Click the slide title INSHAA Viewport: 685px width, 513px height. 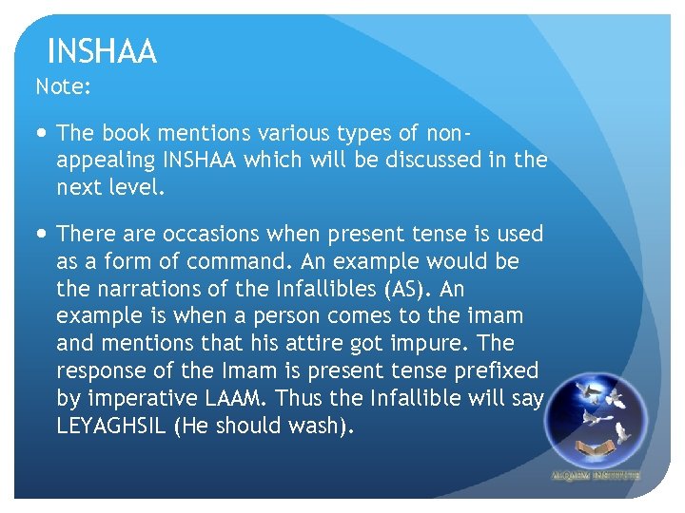click(x=101, y=51)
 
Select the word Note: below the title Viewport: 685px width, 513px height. click(x=63, y=87)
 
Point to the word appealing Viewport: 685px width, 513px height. click(x=102, y=160)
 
